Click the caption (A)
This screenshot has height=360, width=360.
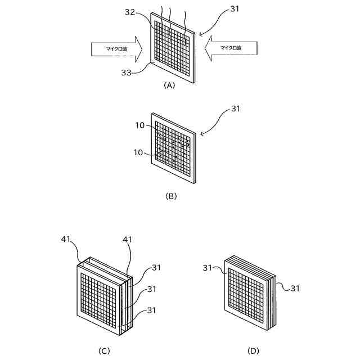click(169, 85)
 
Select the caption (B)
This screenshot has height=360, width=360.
click(171, 196)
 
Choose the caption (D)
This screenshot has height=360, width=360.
click(253, 351)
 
